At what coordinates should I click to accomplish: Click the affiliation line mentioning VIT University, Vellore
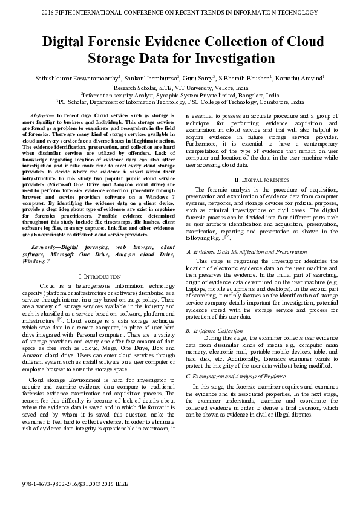180,87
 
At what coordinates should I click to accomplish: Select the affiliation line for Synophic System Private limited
180,95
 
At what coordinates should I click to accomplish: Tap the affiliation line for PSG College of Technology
180,103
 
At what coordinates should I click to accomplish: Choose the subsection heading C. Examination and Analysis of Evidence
235,376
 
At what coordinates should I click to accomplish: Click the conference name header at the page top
180,12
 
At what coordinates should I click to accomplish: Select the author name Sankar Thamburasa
152,78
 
